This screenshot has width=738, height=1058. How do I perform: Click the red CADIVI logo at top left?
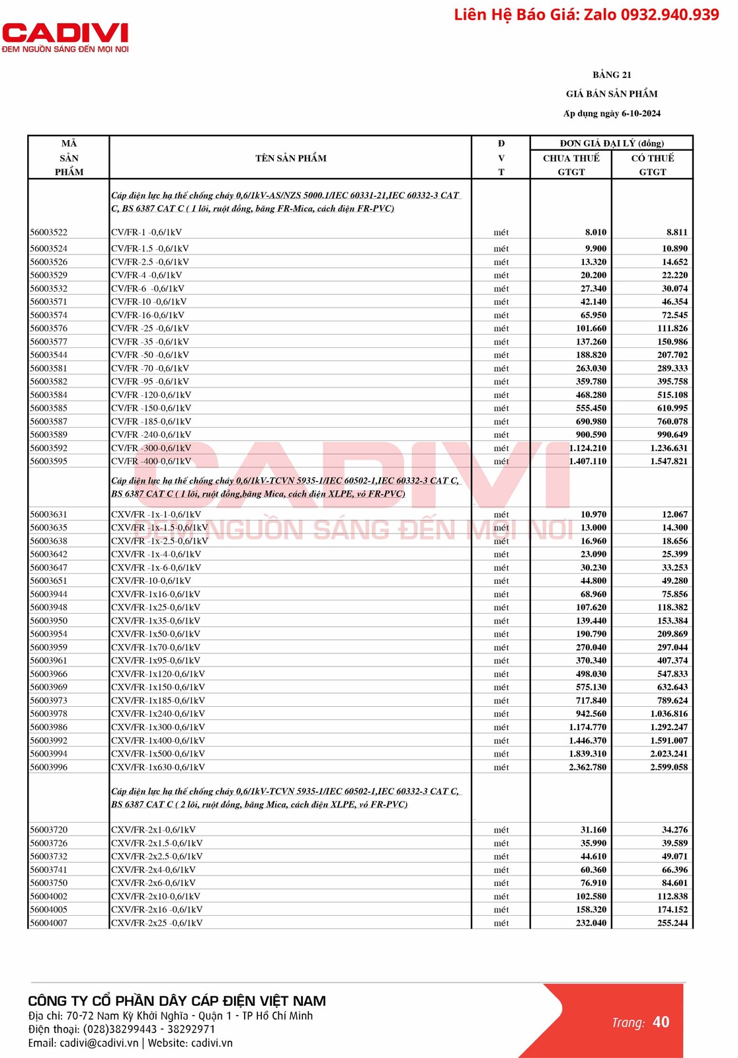[65, 33]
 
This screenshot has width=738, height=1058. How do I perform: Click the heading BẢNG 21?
[612, 75]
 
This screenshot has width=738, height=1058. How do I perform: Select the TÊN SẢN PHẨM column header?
[291, 158]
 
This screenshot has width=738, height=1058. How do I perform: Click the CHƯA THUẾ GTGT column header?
[571, 165]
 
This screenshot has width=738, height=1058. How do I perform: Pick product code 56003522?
[49, 232]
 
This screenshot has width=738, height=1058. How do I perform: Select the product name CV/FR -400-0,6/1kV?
[151, 461]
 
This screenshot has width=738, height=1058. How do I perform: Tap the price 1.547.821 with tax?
[669, 461]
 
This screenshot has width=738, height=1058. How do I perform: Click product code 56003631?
[49, 514]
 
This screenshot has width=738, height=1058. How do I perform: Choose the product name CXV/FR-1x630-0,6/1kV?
[158, 767]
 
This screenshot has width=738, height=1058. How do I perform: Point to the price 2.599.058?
[669, 767]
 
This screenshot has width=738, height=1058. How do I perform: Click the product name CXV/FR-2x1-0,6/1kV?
[153, 830]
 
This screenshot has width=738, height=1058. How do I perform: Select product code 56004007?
[49, 923]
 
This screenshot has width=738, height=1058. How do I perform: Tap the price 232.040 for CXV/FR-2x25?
[591, 923]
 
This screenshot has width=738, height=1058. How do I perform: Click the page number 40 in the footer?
[661, 1022]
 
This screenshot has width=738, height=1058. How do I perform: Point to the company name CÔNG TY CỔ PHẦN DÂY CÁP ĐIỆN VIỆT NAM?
[177, 1001]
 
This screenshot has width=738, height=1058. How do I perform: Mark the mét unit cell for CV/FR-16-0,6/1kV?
[501, 315]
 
